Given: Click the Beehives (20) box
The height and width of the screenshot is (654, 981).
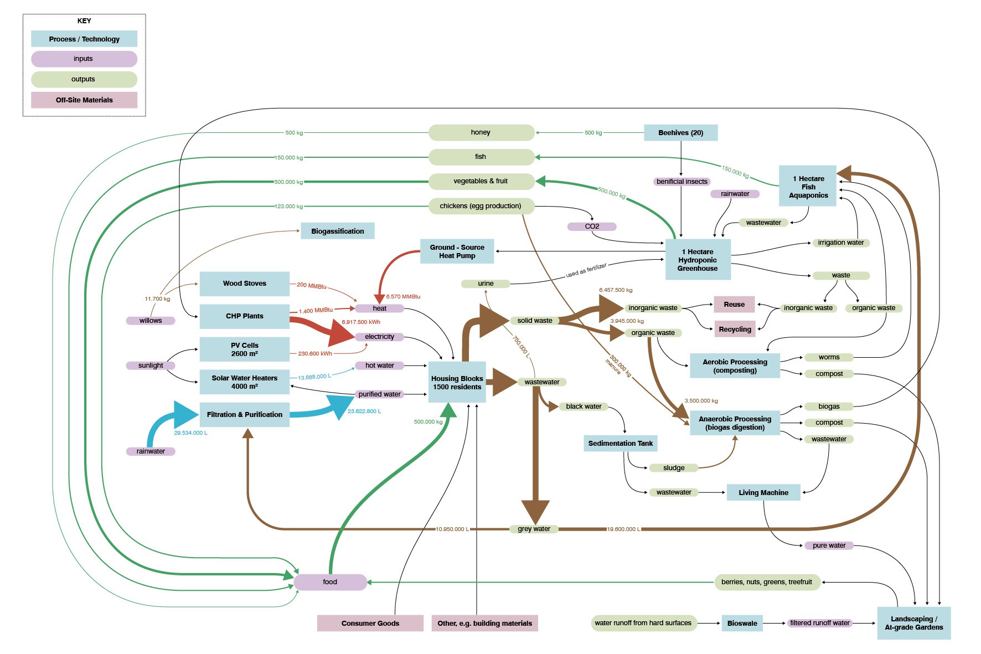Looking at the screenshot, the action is [680, 132].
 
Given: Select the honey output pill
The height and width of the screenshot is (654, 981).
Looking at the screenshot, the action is [481, 132].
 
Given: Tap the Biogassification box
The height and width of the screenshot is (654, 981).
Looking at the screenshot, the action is [337, 231].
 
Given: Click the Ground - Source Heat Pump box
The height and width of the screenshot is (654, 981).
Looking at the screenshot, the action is [457, 251].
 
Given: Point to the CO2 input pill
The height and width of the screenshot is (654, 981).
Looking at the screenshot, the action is [592, 226].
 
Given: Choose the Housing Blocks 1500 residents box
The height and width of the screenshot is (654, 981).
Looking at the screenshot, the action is [457, 382].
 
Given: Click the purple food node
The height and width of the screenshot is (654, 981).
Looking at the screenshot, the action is [330, 582].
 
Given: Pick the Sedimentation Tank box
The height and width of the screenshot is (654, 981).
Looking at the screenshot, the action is [621, 443].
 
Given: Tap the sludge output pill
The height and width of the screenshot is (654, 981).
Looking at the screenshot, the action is [674, 468].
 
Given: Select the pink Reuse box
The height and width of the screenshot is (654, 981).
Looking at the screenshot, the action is [734, 304].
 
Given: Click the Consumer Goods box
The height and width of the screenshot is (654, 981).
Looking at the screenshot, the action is [370, 623].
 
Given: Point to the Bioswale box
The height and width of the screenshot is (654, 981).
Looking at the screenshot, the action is [742, 623].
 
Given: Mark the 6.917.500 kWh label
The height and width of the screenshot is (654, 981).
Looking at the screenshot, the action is [361, 322].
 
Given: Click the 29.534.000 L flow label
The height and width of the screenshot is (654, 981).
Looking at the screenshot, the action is [191, 432].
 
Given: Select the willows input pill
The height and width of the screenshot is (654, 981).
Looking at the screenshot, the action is [151, 321].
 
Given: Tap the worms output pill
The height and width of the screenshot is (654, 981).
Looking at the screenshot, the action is [829, 357].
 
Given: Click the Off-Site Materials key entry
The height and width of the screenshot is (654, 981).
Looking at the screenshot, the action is [84, 100].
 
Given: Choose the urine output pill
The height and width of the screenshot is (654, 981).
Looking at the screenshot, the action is [486, 284].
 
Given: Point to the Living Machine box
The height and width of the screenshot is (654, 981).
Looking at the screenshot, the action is [763, 492].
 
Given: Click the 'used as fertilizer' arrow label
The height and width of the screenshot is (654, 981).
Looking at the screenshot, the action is [586, 270].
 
